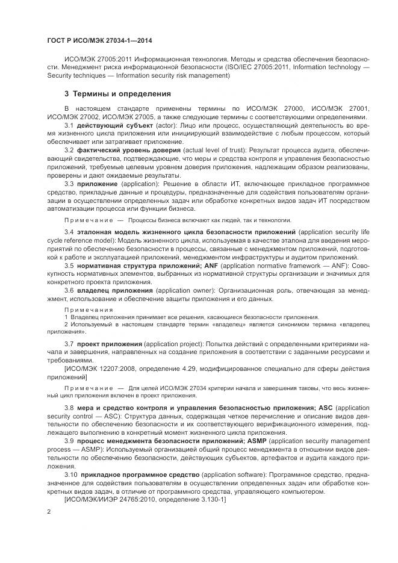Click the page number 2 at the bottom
click(x=49, y=511)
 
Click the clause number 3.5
click(x=69, y=266)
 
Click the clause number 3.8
click(x=69, y=409)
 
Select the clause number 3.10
click(x=70, y=475)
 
